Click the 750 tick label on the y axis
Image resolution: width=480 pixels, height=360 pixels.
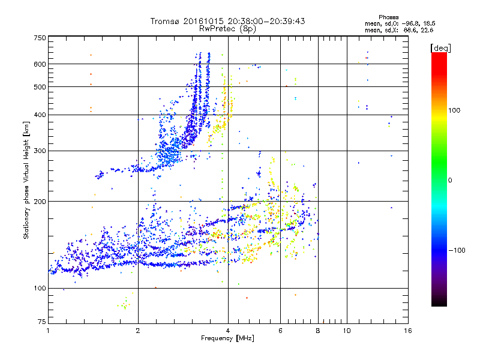[40, 37]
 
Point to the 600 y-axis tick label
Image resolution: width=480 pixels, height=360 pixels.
[40, 64]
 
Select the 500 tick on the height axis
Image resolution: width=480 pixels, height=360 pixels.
[40, 87]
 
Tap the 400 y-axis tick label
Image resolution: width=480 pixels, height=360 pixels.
[40, 115]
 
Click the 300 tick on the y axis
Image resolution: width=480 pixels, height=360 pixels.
[40, 151]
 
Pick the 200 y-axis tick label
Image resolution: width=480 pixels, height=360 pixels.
[40, 202]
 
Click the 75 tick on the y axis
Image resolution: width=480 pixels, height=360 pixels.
[41, 322]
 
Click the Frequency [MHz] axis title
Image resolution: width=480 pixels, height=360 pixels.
[227, 339]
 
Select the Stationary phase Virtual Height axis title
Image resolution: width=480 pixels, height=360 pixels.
[26, 179]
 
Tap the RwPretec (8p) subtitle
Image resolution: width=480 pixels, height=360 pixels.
[227, 28]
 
